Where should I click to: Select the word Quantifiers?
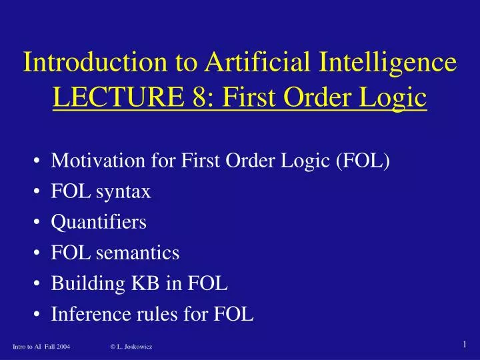click(x=99, y=223)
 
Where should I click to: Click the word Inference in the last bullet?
click(x=84, y=315)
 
